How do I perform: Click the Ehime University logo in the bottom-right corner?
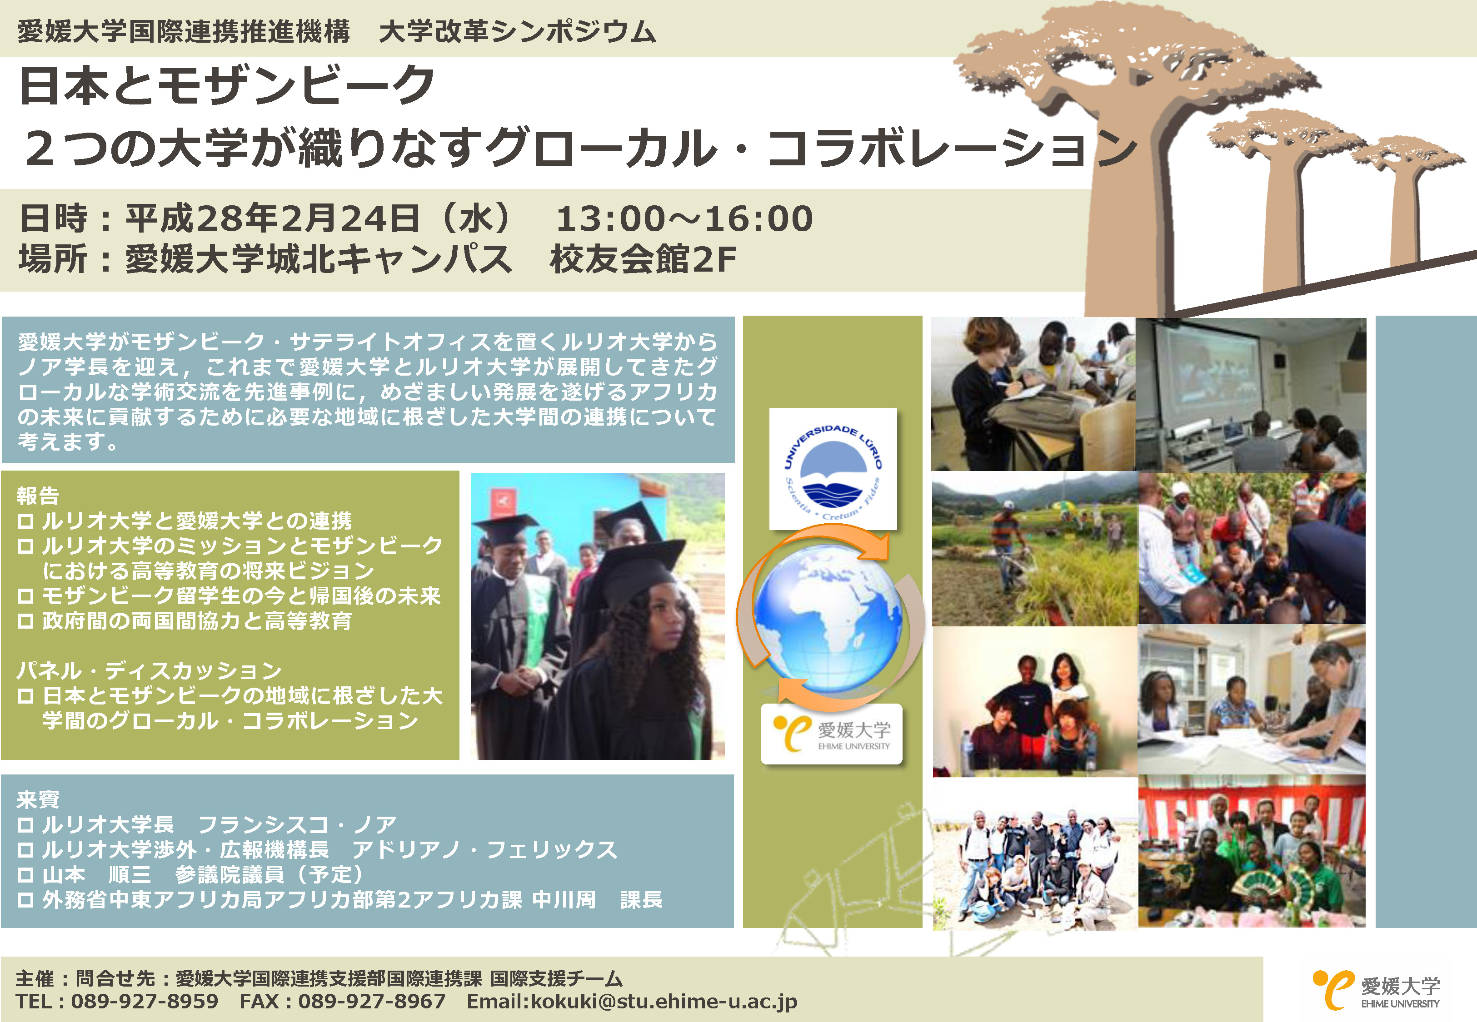pyautogui.click(x=1376, y=989)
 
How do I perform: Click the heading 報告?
pyautogui.click(x=38, y=495)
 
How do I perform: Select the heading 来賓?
pyautogui.click(x=38, y=799)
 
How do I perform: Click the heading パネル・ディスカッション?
pyautogui.click(x=149, y=670)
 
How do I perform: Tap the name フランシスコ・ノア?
pyautogui.click(x=298, y=824)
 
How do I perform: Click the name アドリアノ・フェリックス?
pyautogui.click(x=484, y=849)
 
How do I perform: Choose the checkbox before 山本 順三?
pyautogui.click(x=25, y=875)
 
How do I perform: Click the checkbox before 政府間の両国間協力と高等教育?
pyautogui.click(x=25, y=621)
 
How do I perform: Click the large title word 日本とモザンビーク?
pyautogui.click(x=227, y=85)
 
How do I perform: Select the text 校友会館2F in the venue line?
pyautogui.click(x=643, y=259)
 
